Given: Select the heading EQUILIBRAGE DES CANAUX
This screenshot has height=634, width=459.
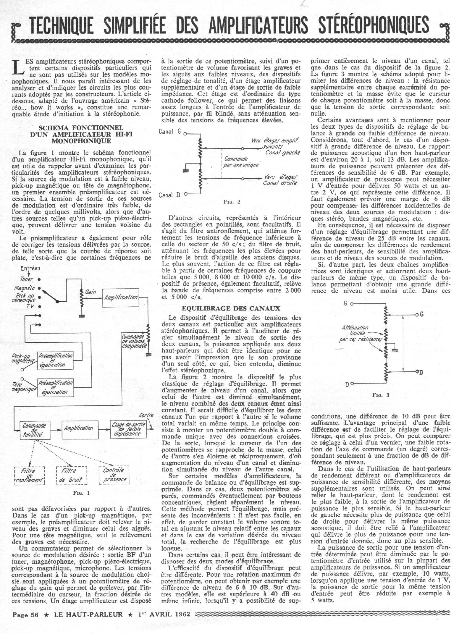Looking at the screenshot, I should (231, 308).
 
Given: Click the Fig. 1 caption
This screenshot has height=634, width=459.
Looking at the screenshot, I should (81, 493).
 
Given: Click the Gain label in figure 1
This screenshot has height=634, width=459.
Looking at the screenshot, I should (90, 292).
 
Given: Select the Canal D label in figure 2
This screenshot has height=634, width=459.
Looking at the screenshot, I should (169, 195).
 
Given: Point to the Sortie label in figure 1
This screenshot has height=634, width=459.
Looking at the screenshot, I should (146, 415).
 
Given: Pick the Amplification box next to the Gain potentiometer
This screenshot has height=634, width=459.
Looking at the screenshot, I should (120, 297).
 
